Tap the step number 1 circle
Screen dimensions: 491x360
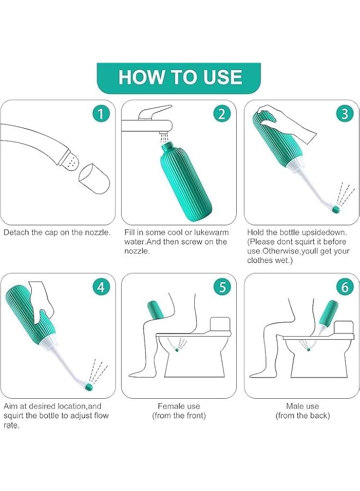click(101, 113)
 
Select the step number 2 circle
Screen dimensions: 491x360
click(221, 113)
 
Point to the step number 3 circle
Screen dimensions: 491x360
click(344, 113)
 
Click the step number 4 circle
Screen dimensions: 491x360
click(101, 287)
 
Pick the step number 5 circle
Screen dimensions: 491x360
click(221, 287)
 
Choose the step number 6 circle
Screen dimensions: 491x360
click(344, 287)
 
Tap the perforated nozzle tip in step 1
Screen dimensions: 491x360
click(70, 159)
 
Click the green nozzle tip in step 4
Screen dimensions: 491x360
click(88, 386)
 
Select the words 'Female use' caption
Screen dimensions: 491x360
click(179, 406)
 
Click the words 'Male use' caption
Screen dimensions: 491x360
click(302, 406)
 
